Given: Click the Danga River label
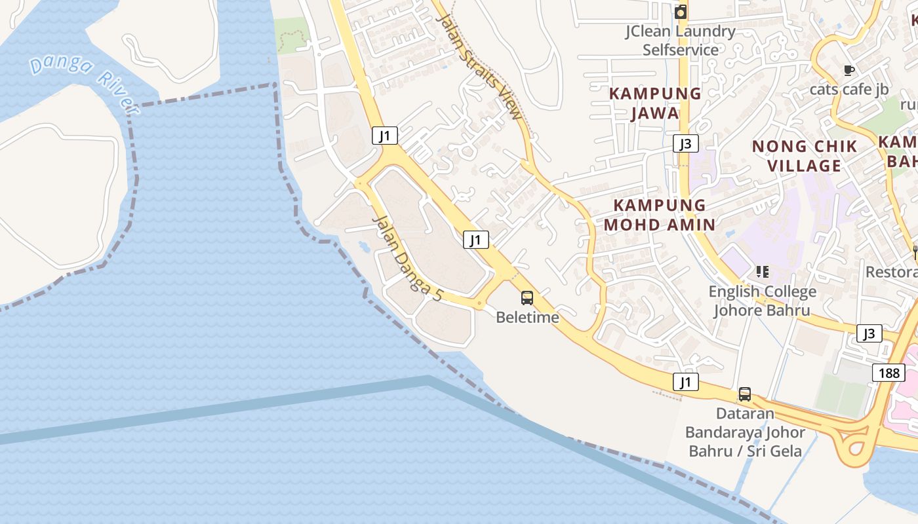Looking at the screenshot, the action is click(83, 81).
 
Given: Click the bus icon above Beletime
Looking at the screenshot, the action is click(527, 298).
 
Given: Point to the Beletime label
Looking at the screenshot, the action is click(527, 318).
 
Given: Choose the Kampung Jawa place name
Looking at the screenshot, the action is click(655, 103).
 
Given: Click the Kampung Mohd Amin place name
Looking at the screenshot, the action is click(660, 215).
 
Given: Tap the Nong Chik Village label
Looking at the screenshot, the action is click(805, 156).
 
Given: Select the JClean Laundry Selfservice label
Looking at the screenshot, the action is click(681, 40).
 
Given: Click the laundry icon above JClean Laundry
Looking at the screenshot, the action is click(681, 12).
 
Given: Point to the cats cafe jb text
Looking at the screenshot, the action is click(849, 89).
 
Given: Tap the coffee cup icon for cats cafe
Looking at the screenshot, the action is click(849, 70).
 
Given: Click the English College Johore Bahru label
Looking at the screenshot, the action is click(762, 301).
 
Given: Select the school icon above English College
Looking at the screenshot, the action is click(762, 271).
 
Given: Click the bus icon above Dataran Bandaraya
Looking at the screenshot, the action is click(745, 394).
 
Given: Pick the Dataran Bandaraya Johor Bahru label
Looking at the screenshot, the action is click(745, 432).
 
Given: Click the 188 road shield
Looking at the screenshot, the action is click(888, 373).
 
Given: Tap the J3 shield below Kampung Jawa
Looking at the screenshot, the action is click(685, 143).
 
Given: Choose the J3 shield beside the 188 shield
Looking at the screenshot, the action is click(869, 333).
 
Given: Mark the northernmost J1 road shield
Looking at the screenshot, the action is click(385, 136).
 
